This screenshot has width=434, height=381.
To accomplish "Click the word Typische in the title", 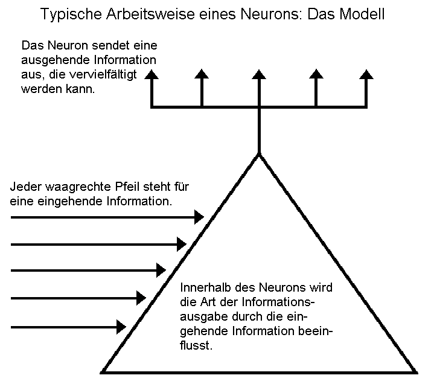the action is (x=71, y=14).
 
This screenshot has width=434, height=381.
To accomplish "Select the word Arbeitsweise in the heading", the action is (x=150, y=13).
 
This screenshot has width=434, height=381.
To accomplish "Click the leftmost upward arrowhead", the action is (x=152, y=74).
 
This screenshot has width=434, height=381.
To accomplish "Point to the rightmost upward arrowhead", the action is (x=366, y=74).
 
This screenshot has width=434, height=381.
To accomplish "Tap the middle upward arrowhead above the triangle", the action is (x=259, y=74).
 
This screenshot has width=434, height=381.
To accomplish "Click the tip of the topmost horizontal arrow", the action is (x=204, y=217).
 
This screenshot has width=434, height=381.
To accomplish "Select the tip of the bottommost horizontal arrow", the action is (x=126, y=327).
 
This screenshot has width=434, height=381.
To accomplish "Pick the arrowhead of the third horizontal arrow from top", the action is (x=161, y=271).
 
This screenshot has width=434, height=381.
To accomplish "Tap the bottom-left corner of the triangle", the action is (x=101, y=373).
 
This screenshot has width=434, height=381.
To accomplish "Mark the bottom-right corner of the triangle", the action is (x=416, y=373).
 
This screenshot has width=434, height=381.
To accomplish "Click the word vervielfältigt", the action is (x=103, y=74).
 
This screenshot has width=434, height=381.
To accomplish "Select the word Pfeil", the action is (x=127, y=187).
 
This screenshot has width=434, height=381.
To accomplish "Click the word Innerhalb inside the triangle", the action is (x=206, y=287).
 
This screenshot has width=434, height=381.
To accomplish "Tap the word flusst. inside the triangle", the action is (x=196, y=345).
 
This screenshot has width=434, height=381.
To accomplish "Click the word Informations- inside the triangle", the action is (x=278, y=302).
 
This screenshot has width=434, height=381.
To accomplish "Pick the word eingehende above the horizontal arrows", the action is (x=70, y=202).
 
